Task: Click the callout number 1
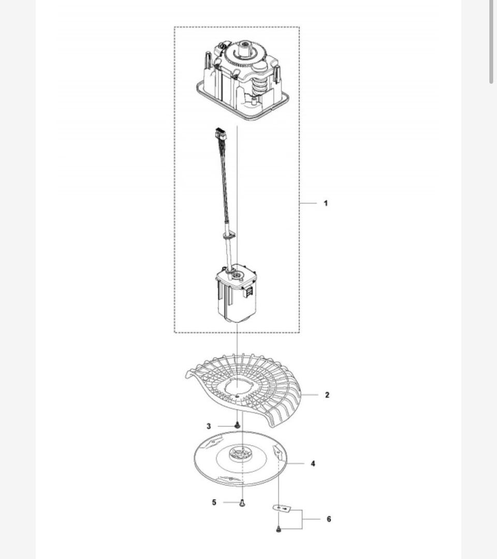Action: pyautogui.click(x=326, y=203)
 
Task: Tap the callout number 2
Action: pyautogui.click(x=327, y=395)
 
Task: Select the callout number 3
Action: pyautogui.click(x=209, y=426)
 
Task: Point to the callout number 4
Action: pyautogui.click(x=313, y=464)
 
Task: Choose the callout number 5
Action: pyautogui.click(x=214, y=503)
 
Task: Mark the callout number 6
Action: pyautogui.click(x=329, y=519)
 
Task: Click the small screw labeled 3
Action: pyautogui.click(x=237, y=425)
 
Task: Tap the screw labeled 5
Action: pyautogui.click(x=242, y=503)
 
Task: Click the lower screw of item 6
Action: pyautogui.click(x=279, y=530)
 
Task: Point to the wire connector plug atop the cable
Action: pyautogui.click(x=220, y=134)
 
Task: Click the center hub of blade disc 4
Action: pyautogui.click(x=241, y=454)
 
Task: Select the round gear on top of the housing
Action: pyautogui.click(x=245, y=53)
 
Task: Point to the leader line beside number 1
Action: pyautogui.click(x=308, y=203)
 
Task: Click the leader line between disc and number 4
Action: pyautogui.click(x=295, y=464)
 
